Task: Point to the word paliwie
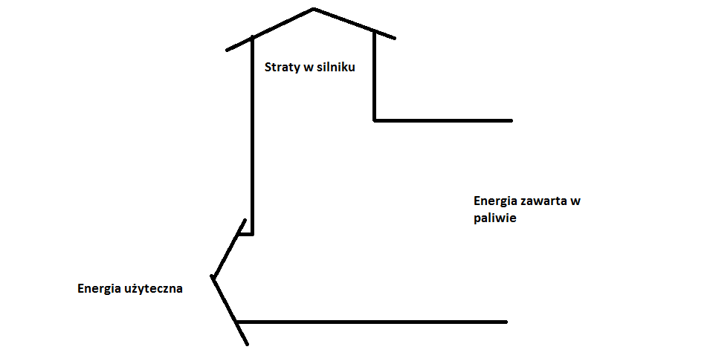tap(494, 218)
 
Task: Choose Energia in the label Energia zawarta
tap(495, 201)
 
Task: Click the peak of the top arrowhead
tap(313, 9)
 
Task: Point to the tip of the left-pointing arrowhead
tap(213, 278)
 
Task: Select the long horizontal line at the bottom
tap(372, 322)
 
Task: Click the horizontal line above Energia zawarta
tap(443, 120)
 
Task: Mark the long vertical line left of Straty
tap(253, 134)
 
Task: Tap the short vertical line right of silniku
tap(374, 74)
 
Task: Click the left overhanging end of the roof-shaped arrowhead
tap(227, 50)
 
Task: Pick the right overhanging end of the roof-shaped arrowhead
tap(394, 37)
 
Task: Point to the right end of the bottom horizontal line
tap(506, 322)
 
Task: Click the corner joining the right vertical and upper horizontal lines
tap(374, 120)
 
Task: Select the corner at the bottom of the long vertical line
tap(253, 234)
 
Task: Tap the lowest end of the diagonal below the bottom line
tap(246, 344)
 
